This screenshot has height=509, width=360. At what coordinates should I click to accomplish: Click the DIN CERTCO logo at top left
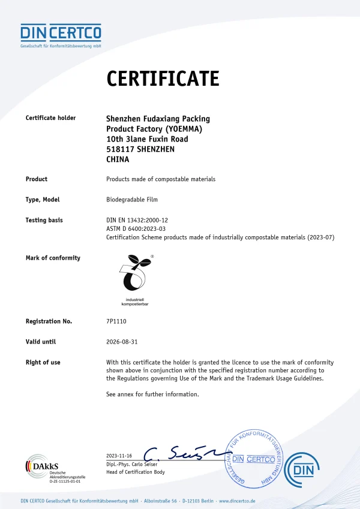coord(61,33)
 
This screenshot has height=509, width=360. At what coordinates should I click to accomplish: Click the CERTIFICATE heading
coord(163,79)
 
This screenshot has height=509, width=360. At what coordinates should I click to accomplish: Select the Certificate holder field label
coord(50,118)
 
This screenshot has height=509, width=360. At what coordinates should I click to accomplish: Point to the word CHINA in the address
coord(118,160)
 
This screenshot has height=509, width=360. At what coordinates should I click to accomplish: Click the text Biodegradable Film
coord(131,200)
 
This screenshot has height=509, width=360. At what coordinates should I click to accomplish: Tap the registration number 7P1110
coord(116,321)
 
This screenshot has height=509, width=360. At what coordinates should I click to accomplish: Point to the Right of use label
coord(43,363)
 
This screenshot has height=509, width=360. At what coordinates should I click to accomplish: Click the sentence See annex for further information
coord(152,394)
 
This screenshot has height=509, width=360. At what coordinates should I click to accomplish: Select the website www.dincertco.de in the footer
coord(238,501)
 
